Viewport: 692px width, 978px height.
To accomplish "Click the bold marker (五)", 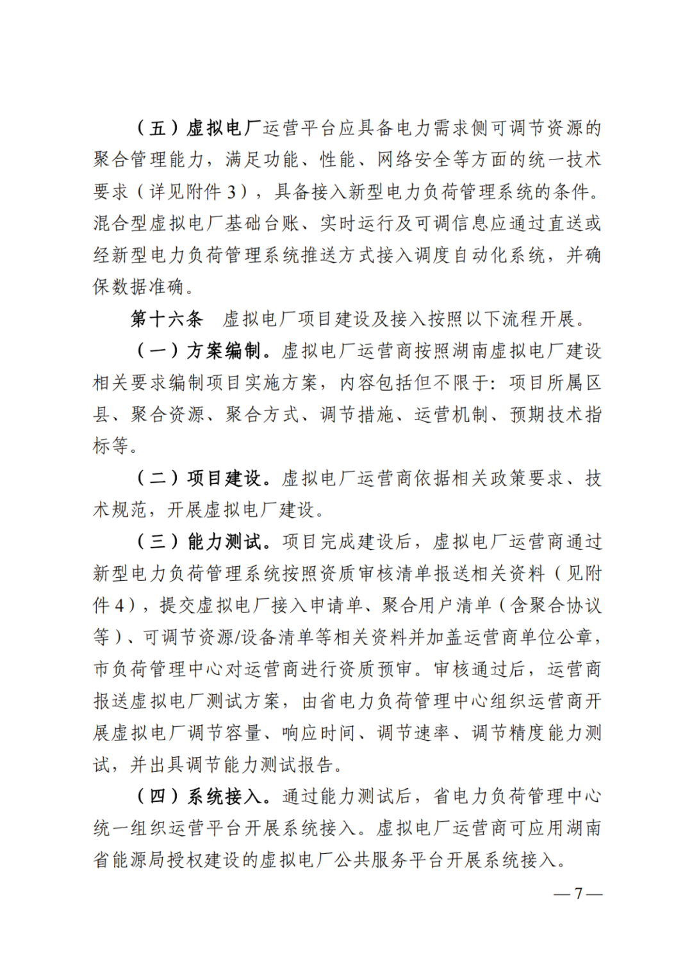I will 158,128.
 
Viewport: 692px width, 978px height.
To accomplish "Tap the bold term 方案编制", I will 224,351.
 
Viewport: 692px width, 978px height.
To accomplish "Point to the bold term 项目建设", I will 224,478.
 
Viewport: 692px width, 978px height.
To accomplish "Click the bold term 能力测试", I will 224,542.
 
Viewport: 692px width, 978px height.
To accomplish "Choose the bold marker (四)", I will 158,797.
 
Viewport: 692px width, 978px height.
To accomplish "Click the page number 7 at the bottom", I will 578,893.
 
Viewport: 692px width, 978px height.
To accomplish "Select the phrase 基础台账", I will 261,224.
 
